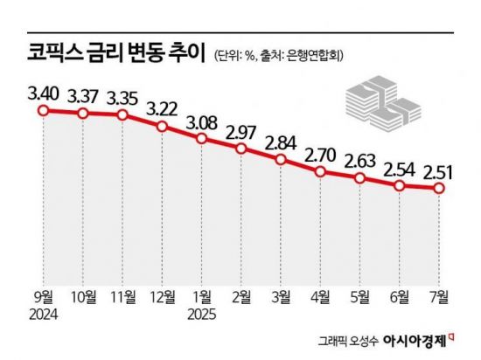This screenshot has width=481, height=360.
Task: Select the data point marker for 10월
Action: (x=83, y=114)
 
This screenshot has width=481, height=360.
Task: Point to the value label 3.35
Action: (x=122, y=94)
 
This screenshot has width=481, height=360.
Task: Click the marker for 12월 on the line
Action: (x=162, y=127)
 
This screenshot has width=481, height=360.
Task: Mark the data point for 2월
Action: (x=241, y=149)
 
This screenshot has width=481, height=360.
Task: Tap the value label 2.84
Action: (x=281, y=141)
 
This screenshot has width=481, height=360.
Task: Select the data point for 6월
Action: (x=400, y=186)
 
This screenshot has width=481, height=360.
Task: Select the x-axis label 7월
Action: (x=439, y=296)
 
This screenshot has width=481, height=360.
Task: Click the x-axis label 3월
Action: (x=281, y=296)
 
